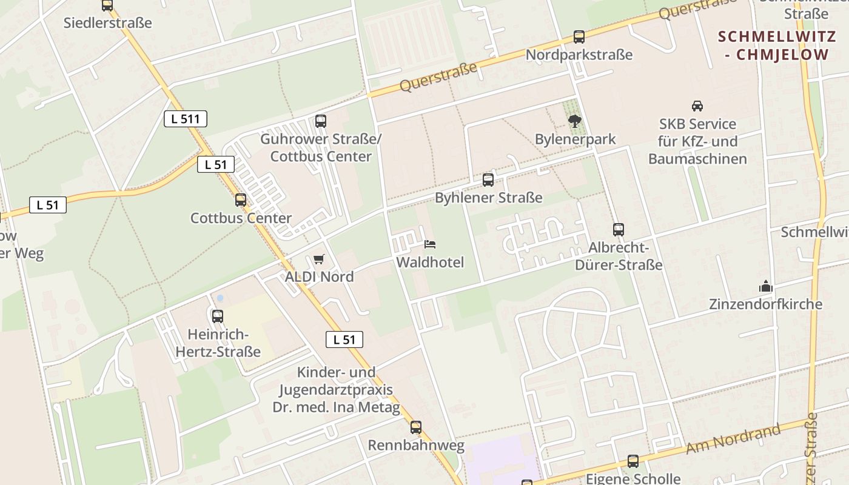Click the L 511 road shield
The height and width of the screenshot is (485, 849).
tap(186, 119)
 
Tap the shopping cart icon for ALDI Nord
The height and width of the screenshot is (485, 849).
tap(319, 259)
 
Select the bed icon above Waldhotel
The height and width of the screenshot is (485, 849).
tap(430, 244)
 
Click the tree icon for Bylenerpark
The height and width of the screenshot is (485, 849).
tap(575, 121)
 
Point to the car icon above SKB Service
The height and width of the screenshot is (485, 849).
tap(697, 106)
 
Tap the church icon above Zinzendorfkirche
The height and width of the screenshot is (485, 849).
tap(766, 286)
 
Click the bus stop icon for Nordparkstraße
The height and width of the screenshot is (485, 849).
tap(579, 37)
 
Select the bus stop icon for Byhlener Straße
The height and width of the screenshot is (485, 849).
tap(488, 180)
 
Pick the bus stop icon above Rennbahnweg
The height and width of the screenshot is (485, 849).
tap(416, 427)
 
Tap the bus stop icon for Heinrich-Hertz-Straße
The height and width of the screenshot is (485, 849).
tap(218, 316)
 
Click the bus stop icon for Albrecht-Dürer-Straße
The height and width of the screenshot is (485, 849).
tap(619, 230)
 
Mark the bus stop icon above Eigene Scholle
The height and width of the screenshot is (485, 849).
tap(633, 461)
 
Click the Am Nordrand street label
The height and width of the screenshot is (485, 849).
tap(733, 440)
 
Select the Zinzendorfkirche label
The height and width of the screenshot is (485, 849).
tap(766, 304)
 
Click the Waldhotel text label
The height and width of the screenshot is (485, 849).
tap(430, 263)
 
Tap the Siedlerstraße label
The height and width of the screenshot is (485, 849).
tap(108, 23)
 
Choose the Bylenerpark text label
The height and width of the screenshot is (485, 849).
tap(575, 139)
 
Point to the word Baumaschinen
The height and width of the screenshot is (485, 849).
tap(697, 159)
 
